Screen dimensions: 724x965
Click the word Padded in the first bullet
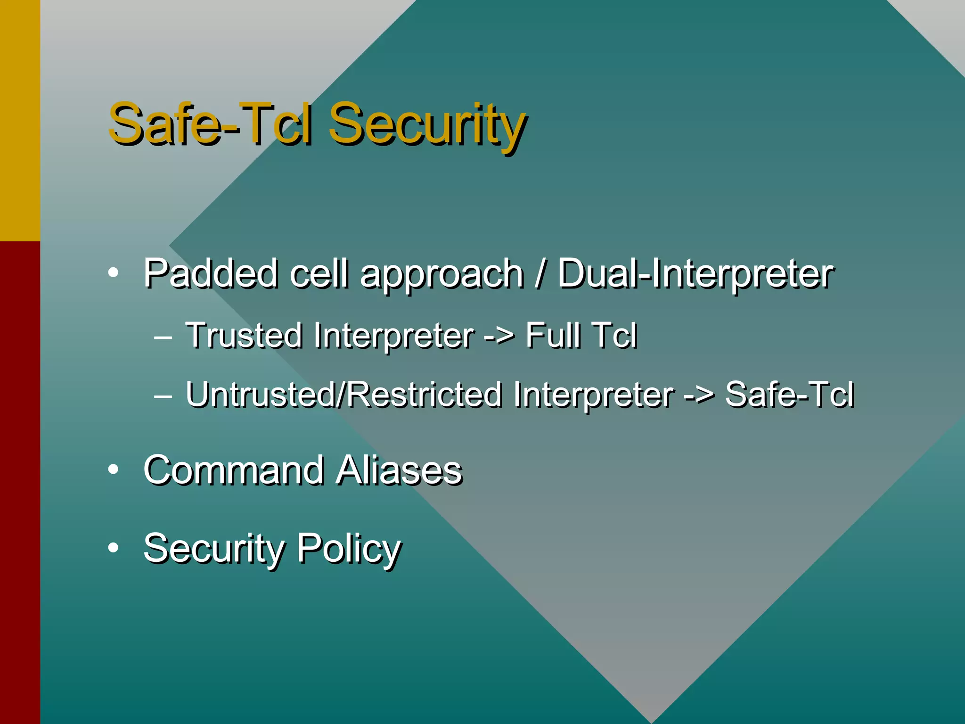coord(210,273)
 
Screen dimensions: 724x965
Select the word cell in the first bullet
coord(319,273)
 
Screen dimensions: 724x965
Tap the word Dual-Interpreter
coord(695,274)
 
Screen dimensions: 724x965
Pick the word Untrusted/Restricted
coord(343,394)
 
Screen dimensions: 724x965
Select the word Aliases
coord(399,470)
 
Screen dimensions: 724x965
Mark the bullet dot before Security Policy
coord(113,548)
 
